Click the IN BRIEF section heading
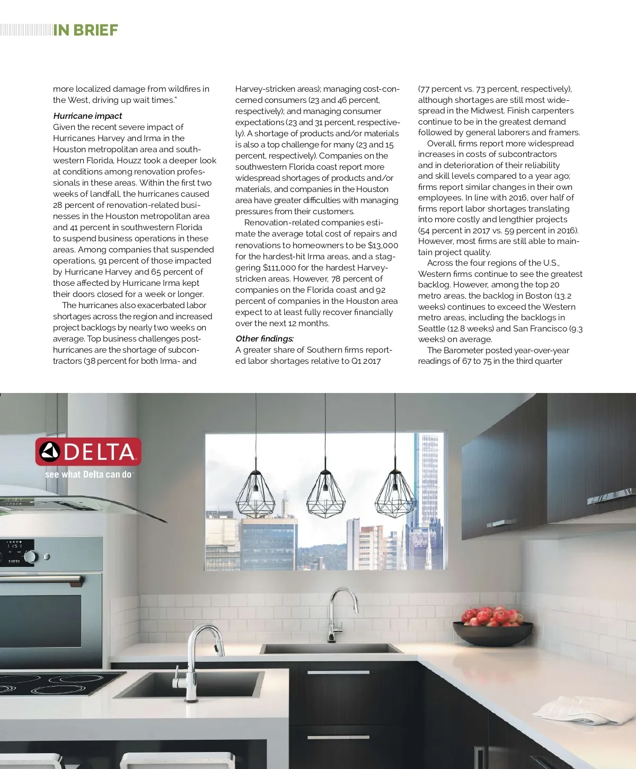click(x=85, y=30)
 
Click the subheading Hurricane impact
click(x=87, y=116)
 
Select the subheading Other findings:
click(x=264, y=338)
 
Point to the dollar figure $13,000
click(x=383, y=245)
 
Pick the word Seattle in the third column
click(x=431, y=328)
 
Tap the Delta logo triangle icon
click(x=50, y=452)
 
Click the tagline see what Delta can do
click(x=89, y=475)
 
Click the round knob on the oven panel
click(x=30, y=556)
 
